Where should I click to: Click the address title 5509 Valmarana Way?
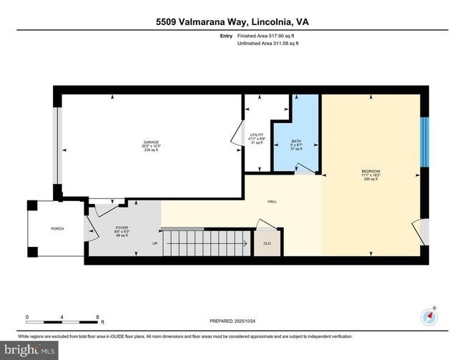[232, 21]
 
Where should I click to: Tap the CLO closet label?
[267, 243]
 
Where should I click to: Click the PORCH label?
[57, 229]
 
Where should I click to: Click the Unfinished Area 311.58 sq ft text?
[268, 44]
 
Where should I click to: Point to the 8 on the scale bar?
[98, 317]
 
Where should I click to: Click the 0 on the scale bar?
[27, 317]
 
